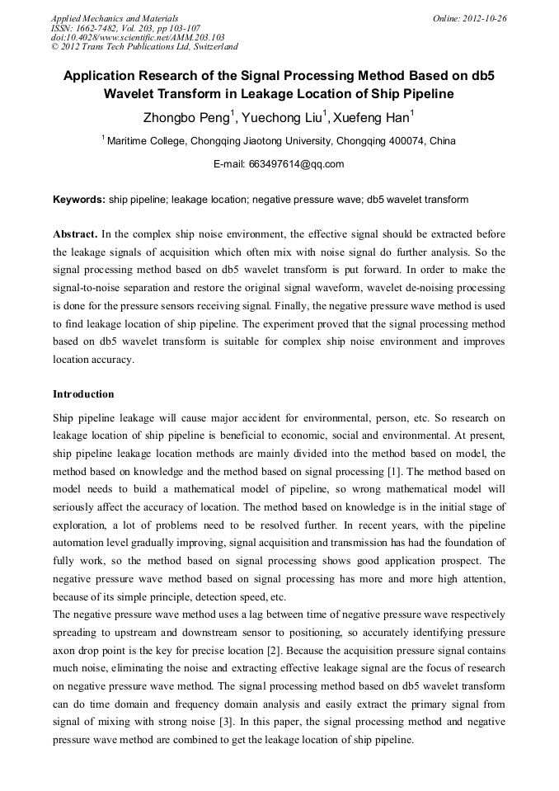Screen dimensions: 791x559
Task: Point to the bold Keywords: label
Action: click(79, 200)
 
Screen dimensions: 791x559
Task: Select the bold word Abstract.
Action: click(75, 234)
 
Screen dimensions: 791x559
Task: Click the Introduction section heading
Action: click(83, 394)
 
